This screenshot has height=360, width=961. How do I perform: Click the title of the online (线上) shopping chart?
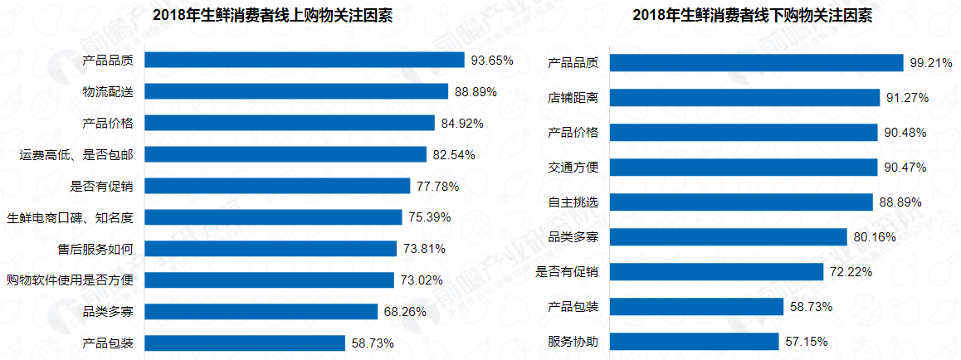coord(273,15)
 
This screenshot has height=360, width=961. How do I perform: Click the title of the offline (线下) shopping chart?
coord(752,17)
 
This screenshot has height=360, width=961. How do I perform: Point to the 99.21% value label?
coord(930,63)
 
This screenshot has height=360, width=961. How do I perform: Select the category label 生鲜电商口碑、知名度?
coord(70,217)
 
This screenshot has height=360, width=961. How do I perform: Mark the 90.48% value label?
coord(905,133)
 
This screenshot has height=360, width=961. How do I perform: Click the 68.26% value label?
coord(406,312)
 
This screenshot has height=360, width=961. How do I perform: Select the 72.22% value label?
coord(851,272)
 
